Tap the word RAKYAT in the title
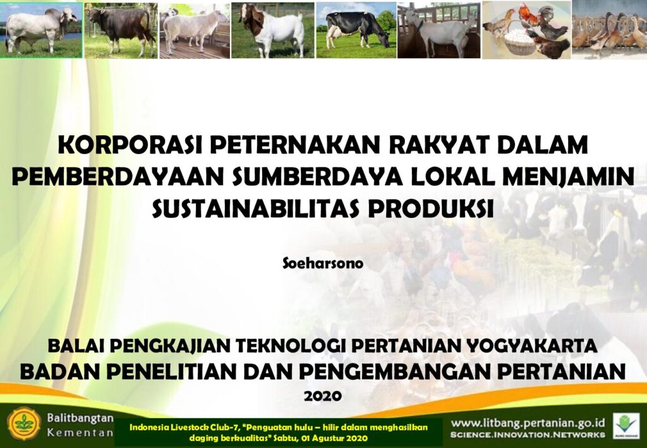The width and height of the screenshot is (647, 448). coord(437,145)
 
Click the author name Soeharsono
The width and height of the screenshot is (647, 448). coord(323,263)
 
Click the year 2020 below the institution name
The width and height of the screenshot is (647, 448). coord(323,396)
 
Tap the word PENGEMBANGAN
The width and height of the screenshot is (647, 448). coord(396,372)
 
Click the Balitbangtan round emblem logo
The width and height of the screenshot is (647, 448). coord(24,423)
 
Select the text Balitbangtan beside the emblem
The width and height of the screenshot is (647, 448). coord(80,418)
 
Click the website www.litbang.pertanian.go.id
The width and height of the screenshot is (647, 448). coord(528,423)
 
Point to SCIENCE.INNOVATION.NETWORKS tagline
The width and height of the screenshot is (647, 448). coord(528,435)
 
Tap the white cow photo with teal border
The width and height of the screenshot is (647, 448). coord(41,30)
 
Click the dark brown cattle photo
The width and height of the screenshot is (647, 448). coord(121,30)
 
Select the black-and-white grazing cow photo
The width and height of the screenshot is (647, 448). coord(356,30)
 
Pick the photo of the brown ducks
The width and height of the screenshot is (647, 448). coord(609,29)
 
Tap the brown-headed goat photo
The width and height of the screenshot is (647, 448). coord(272,30)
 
